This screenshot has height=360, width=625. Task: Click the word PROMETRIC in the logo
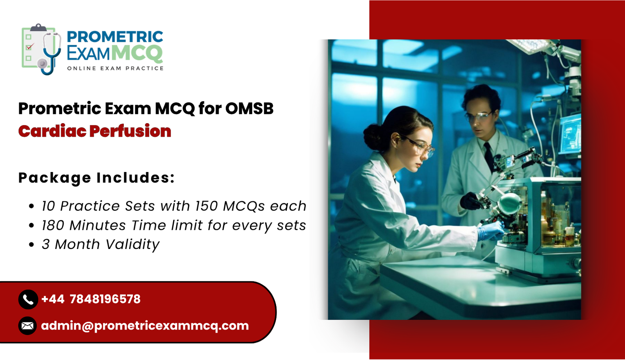coord(115,37)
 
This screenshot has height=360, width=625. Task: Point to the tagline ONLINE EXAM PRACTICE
coord(115,68)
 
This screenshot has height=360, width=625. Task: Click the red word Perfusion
coord(130,131)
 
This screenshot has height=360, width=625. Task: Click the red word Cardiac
coord(52,131)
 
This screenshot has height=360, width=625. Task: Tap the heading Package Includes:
coord(96,178)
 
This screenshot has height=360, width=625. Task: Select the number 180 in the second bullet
coord(53,226)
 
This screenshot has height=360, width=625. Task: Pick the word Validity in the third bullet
coord(132,245)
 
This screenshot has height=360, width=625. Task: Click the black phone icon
coord(28,299)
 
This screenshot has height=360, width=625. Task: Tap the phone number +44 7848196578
coord(91,299)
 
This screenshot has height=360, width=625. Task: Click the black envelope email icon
coord(28,326)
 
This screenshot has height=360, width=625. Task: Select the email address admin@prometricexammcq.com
coord(145,326)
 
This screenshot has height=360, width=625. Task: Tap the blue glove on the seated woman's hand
coord(490,231)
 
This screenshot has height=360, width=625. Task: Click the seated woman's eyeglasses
coord(420,147)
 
